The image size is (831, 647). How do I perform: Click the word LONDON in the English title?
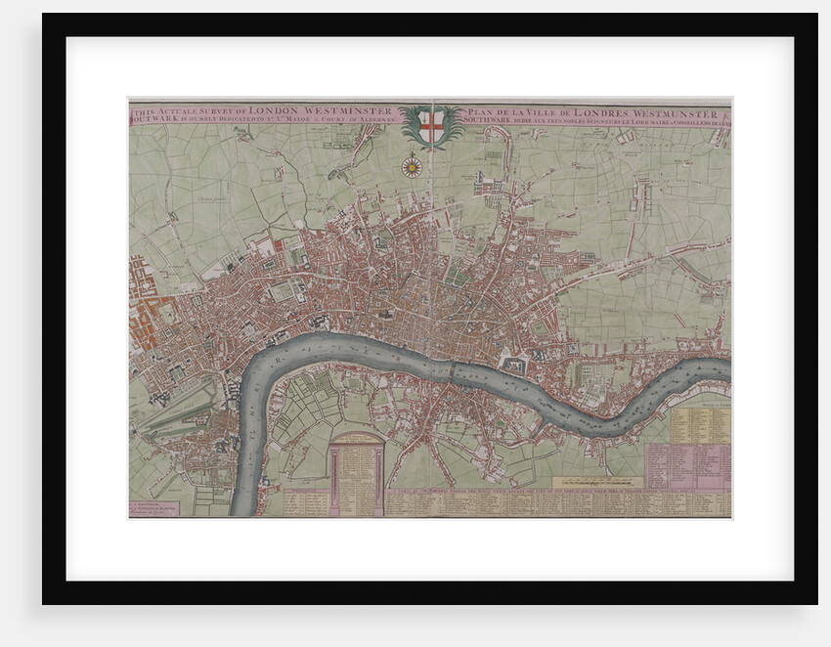[278, 110]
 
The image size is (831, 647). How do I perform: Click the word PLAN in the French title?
[485, 110]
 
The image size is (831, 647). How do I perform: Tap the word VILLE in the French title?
[544, 110]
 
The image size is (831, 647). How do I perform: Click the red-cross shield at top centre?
[431, 126]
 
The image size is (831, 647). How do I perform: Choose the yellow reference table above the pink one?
[700, 424]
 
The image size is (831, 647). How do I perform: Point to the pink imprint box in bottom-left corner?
[153, 509]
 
